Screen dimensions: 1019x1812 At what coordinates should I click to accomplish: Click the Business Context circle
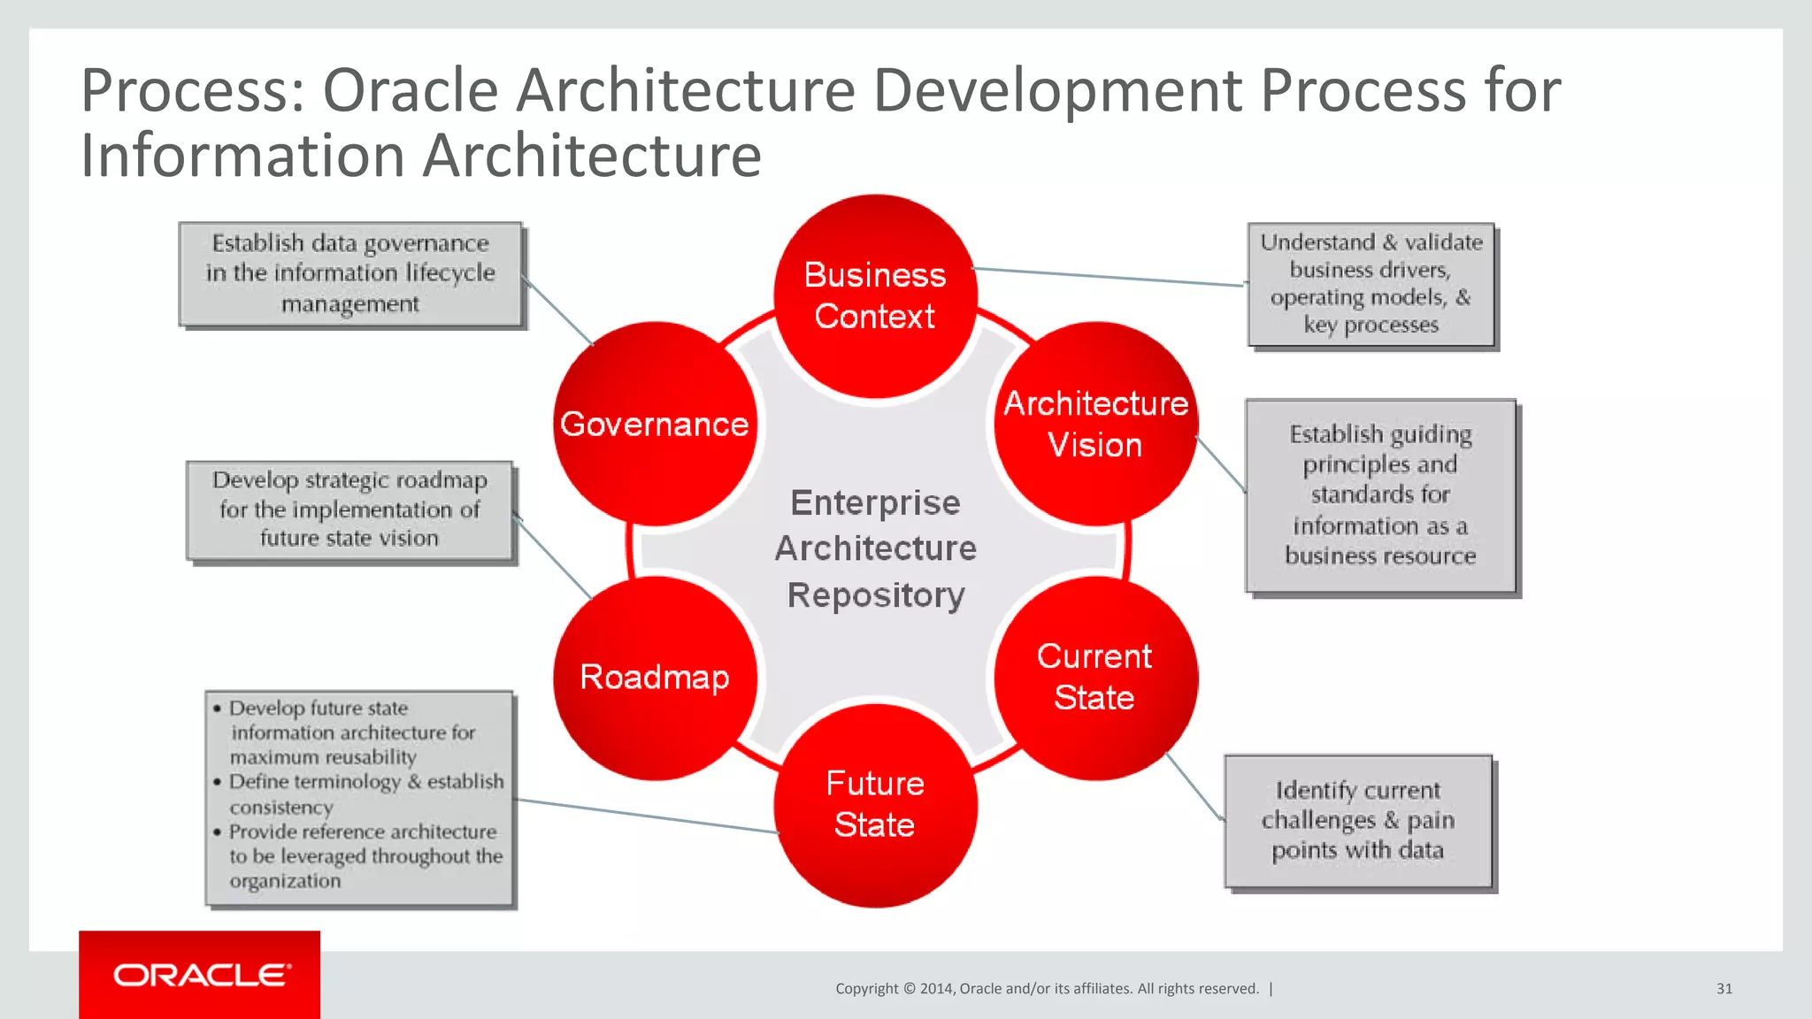click(875, 295)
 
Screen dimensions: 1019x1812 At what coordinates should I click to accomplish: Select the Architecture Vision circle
click(1095, 424)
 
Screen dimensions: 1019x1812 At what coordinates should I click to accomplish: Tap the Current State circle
click(1095, 678)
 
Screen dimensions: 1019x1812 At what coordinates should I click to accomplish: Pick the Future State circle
click(875, 805)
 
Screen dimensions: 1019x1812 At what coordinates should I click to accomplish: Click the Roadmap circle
click(655, 678)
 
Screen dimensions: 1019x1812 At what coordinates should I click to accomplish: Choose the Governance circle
click(655, 424)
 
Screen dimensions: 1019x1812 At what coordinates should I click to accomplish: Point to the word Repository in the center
click(876, 595)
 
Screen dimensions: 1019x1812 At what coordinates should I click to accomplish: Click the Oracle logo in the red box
click(201, 975)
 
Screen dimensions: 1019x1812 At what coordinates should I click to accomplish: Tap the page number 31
click(1724, 989)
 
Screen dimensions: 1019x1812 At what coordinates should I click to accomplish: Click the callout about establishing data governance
click(350, 274)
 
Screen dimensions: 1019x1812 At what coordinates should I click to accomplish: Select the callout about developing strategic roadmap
click(350, 509)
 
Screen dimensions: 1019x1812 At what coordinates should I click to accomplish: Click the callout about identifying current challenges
click(1358, 821)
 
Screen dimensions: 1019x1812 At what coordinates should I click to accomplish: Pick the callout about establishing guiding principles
click(1380, 495)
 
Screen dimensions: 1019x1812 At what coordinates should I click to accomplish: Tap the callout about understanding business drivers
click(1371, 284)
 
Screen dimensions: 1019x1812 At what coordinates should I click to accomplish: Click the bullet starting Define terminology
click(366, 783)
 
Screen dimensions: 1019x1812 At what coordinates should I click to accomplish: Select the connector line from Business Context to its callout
click(1106, 277)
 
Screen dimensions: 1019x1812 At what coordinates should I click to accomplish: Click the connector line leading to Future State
click(646, 816)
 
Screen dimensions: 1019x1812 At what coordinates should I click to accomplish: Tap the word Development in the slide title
click(1057, 91)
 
